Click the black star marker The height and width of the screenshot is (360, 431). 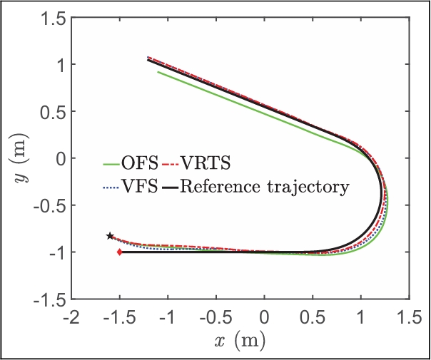[110, 236]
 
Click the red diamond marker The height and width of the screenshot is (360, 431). [119, 252]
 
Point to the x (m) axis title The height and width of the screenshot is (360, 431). [240, 341]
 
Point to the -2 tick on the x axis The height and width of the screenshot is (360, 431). [71, 316]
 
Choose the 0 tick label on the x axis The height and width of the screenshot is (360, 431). [265, 316]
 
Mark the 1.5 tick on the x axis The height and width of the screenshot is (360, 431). [409, 316]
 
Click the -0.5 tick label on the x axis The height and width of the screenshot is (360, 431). [215, 316]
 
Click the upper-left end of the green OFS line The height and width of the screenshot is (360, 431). [158, 71]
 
